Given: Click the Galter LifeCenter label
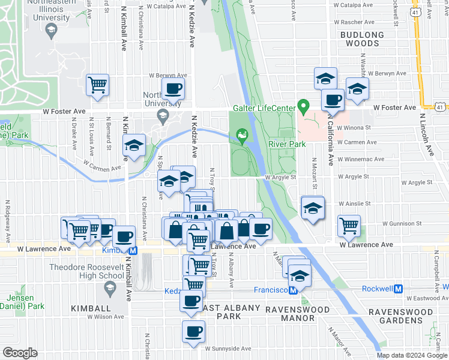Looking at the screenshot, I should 264,108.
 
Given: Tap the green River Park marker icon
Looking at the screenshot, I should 243,136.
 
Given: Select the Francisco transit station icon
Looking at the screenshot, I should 294,290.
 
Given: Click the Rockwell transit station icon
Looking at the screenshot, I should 406,289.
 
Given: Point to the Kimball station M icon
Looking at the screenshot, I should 133,250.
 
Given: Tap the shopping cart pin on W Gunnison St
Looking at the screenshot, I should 348,226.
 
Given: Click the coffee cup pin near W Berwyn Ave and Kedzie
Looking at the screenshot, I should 173,89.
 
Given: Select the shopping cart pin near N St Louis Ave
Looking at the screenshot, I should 97,85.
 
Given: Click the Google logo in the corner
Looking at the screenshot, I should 20,353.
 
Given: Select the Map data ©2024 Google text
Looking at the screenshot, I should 412,355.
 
